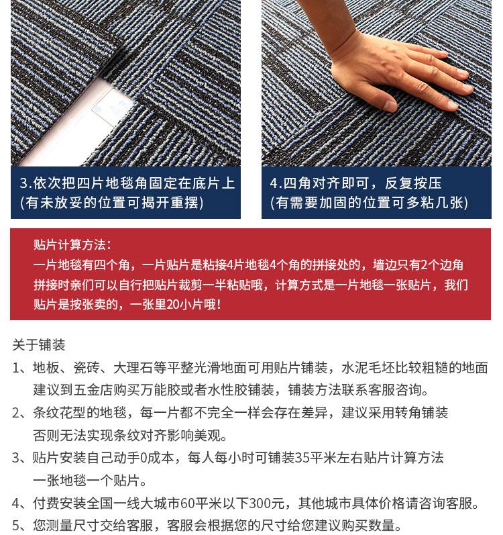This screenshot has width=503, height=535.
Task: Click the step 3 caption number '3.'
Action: [x=25, y=183]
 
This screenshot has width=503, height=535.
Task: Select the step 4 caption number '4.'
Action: [x=276, y=183]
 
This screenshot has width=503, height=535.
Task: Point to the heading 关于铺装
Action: [x=38, y=345]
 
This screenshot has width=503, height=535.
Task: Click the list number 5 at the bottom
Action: [x=16, y=526]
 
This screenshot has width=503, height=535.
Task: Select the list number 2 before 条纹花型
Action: [x=16, y=413]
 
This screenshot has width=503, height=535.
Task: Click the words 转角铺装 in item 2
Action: [x=422, y=413]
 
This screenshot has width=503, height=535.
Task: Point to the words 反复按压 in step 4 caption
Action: [x=413, y=183]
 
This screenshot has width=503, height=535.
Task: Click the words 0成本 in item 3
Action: [x=157, y=458]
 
